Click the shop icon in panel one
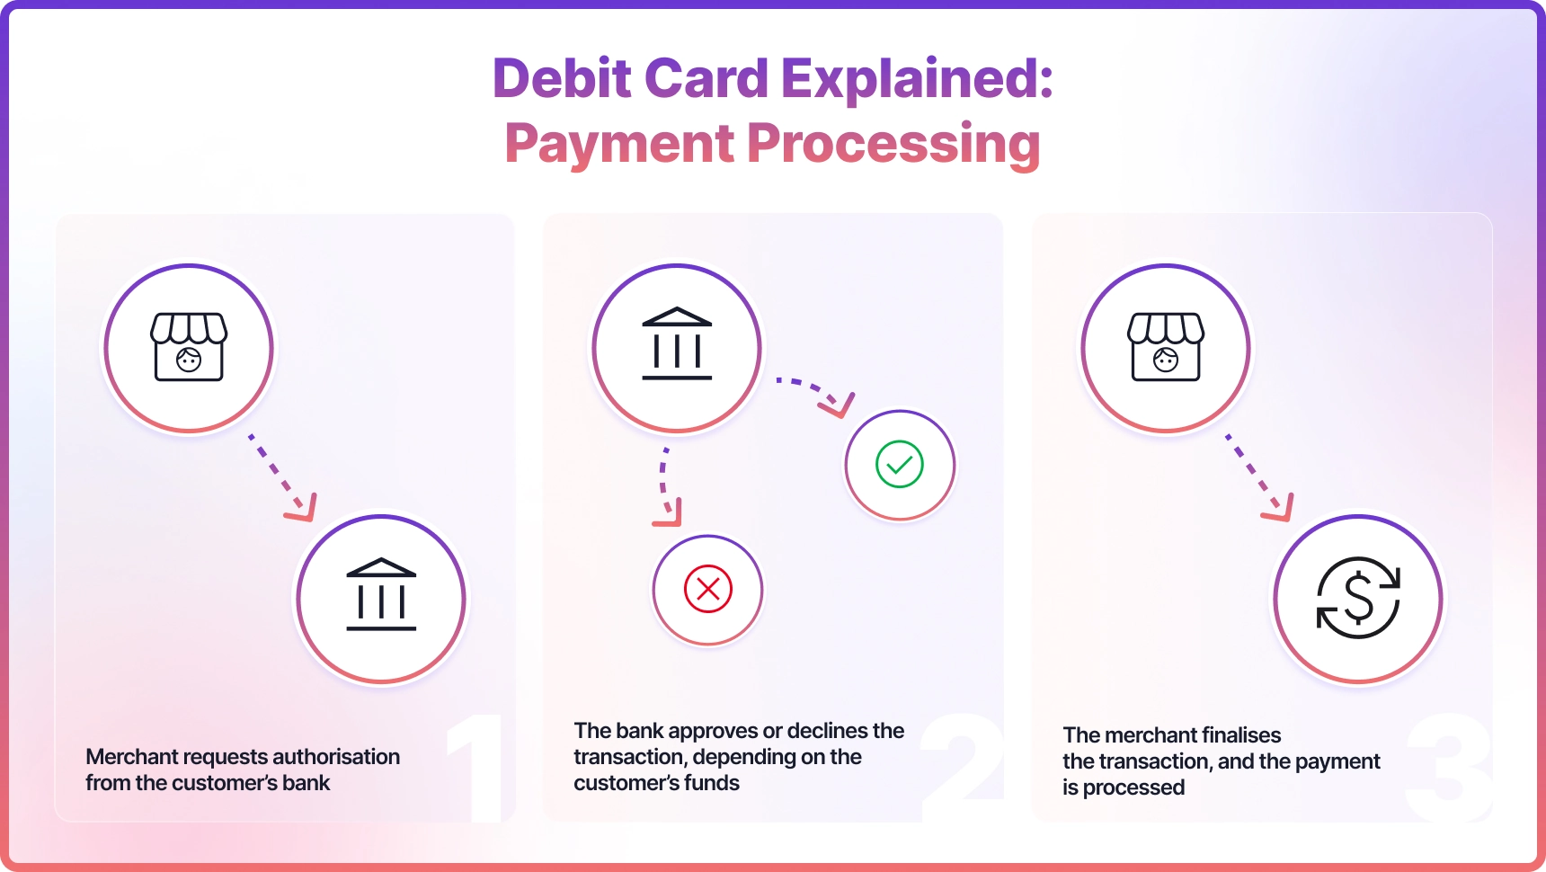tap(189, 347)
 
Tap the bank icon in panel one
tap(381, 594)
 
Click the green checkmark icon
tap(900, 464)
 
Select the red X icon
tap(708, 589)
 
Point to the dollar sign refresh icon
tap(1358, 598)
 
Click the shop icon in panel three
tap(1166, 347)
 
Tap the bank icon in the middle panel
tap(677, 343)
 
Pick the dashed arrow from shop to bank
tap(282, 476)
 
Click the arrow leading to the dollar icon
tap(1259, 476)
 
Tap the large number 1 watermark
tap(477, 768)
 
